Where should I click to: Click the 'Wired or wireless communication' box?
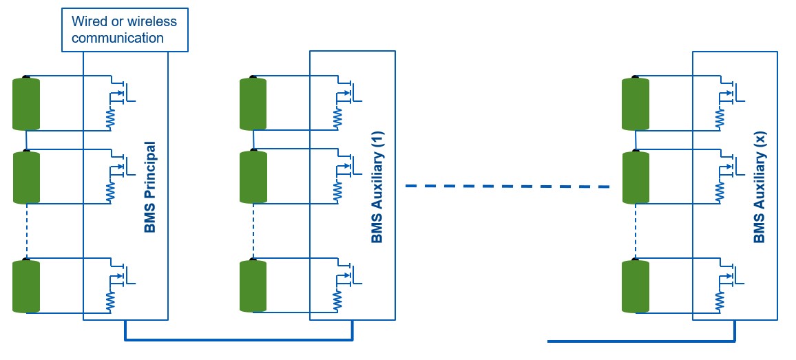click(125, 30)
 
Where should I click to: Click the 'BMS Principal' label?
click(150, 187)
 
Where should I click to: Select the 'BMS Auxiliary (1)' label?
click(377, 187)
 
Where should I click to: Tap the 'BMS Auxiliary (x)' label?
click(760, 187)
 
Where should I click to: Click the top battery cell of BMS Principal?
click(26, 104)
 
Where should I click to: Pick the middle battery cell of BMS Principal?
click(26, 178)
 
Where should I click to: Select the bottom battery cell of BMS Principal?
click(26, 286)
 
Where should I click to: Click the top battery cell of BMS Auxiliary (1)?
click(253, 104)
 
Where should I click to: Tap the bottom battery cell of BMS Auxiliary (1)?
click(253, 286)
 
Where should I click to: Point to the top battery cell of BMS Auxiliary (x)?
click(635, 104)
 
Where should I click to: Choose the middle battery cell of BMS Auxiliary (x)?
click(635, 178)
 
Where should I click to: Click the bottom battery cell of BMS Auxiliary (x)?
click(635, 286)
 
